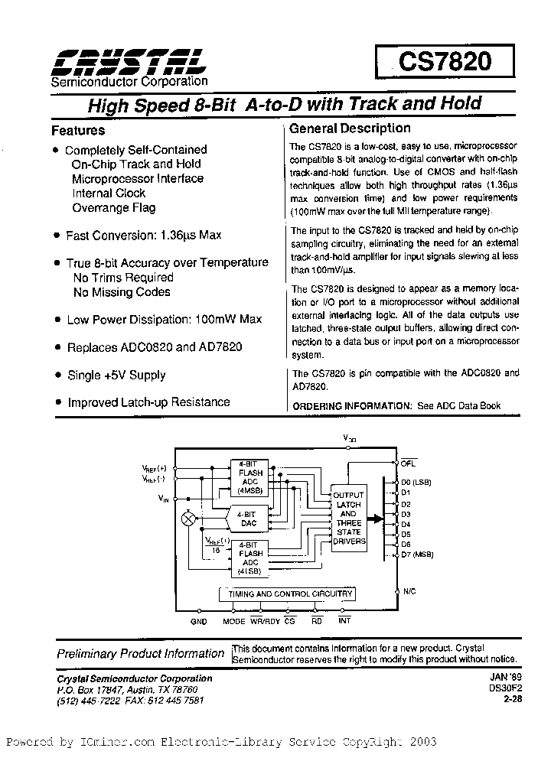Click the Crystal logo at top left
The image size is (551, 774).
pos(127,62)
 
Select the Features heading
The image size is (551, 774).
pos(78,131)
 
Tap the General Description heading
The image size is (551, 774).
pos(350,128)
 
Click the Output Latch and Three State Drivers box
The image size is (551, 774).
pos(348,518)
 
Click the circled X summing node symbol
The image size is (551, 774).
pos(187,519)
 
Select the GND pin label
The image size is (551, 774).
pos(199,622)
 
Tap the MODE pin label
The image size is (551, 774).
pos(233,622)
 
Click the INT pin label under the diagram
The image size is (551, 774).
pos(344,622)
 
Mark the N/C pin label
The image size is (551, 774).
pos(409,591)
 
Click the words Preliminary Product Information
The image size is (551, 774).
pos(141,654)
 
